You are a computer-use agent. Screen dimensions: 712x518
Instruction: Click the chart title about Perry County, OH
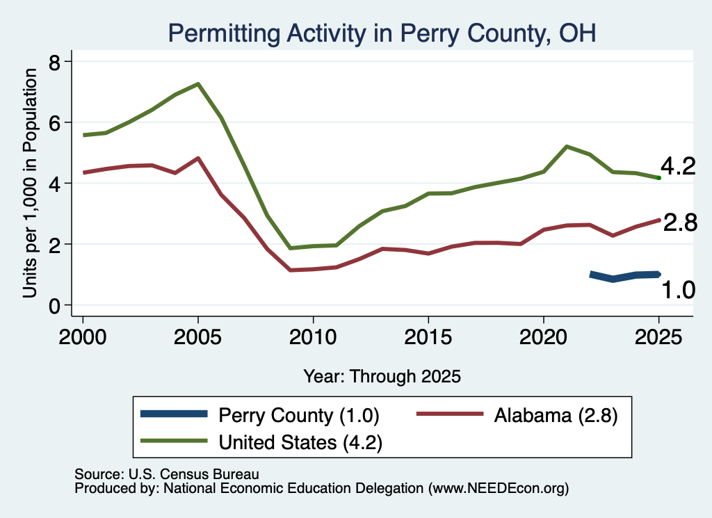pos(382,33)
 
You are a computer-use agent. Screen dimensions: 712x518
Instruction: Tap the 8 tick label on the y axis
pos(54,63)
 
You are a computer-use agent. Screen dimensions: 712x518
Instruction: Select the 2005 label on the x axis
pos(198,337)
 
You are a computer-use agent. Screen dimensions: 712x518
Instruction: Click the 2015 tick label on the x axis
pos(428,337)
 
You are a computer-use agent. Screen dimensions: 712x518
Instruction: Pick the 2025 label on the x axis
pos(658,337)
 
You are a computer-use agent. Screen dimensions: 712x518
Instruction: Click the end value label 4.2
pos(678,166)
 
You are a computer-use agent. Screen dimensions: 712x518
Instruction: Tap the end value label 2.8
pos(680,223)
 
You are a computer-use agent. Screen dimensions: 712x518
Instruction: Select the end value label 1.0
pos(678,290)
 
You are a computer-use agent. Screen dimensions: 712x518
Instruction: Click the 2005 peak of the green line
pos(198,84)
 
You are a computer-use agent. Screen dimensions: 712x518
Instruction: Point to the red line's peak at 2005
pos(198,158)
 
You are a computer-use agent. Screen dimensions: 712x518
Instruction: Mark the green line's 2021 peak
pos(566,147)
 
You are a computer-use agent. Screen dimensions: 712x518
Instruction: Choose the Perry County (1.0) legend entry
pos(260,415)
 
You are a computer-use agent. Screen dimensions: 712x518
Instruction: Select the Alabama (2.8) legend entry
pos(517,415)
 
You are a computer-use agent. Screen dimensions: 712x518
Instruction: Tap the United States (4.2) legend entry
pos(261,442)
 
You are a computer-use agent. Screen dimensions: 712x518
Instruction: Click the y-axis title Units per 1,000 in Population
pos(30,183)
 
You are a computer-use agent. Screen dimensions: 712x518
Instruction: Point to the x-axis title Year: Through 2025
pos(382,376)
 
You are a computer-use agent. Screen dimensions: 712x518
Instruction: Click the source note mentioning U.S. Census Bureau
pos(167,474)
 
